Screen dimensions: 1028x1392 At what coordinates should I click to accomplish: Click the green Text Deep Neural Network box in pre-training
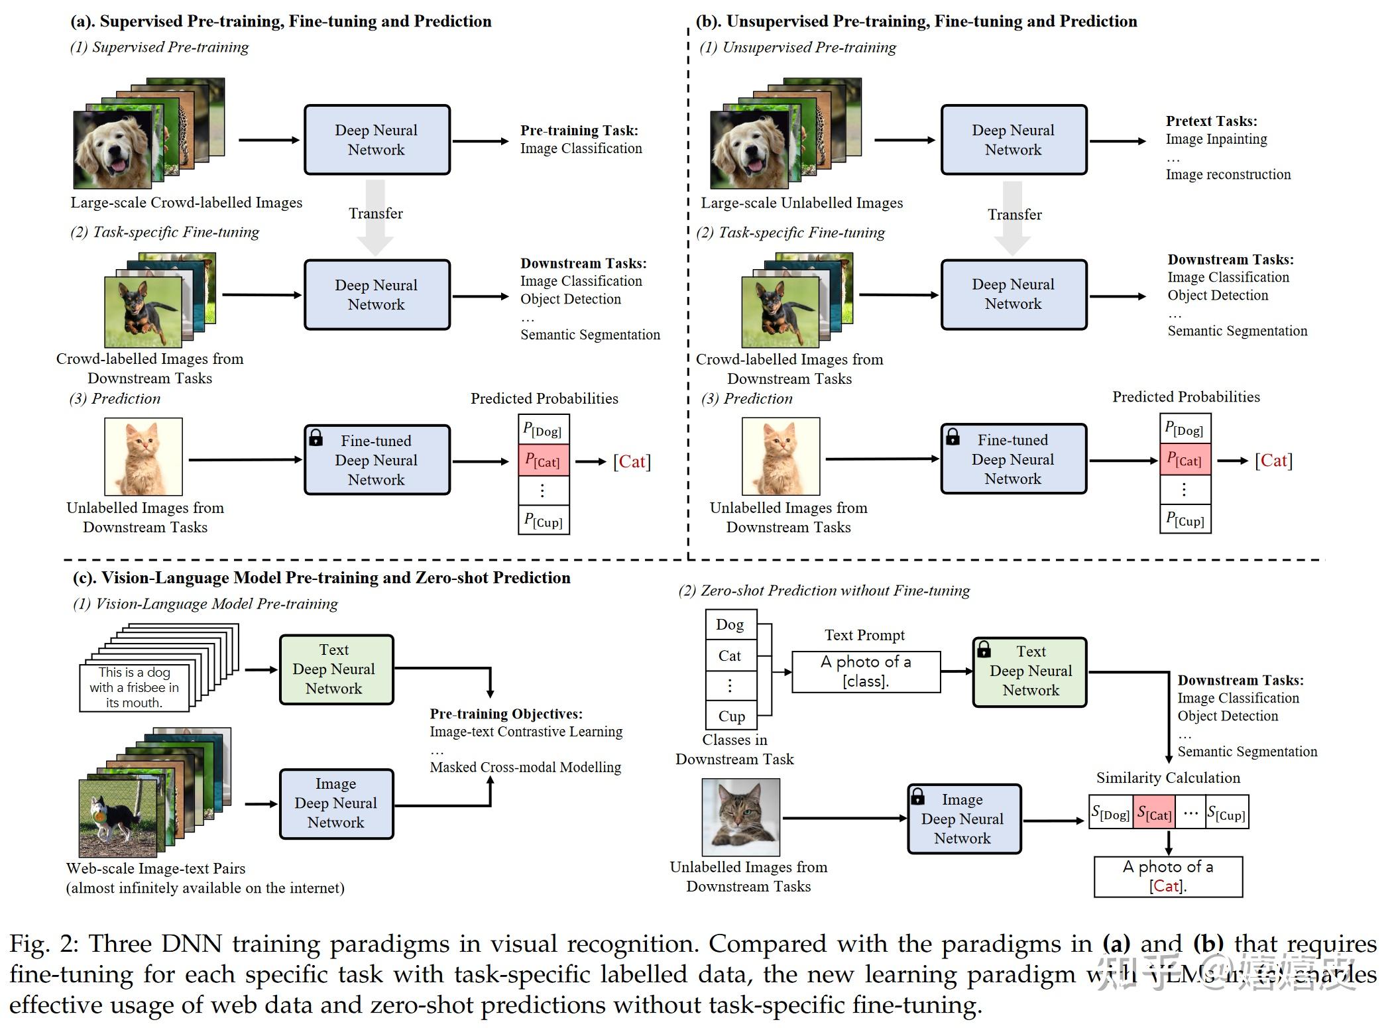click(336, 669)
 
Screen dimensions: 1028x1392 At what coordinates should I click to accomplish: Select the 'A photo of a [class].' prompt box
click(866, 671)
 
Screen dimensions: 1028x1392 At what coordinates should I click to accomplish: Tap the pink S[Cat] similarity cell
click(1153, 813)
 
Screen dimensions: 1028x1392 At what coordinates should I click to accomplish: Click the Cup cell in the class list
click(731, 716)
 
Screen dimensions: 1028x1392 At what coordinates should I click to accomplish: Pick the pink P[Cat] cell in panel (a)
click(543, 461)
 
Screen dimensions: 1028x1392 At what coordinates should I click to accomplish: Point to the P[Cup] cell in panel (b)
click(1185, 519)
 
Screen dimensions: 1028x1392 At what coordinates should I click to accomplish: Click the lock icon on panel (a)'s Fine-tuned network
click(316, 437)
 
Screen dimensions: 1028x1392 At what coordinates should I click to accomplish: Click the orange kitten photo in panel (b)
click(780, 456)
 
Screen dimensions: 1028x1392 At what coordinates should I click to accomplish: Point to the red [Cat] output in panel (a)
click(632, 461)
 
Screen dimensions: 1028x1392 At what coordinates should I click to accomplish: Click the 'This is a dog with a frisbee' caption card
click(135, 687)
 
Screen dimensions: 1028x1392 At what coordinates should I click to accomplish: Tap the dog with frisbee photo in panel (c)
click(117, 817)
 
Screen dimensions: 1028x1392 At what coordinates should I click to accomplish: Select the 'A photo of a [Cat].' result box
click(1168, 876)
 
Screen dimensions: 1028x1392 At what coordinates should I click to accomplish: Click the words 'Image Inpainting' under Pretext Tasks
click(1216, 139)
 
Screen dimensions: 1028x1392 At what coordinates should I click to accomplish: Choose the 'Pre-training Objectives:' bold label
click(506, 714)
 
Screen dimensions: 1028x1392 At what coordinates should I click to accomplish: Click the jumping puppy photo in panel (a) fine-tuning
click(143, 312)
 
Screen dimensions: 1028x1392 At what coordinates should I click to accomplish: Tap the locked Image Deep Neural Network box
click(964, 819)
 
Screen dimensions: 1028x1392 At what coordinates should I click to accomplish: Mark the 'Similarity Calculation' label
click(1167, 777)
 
